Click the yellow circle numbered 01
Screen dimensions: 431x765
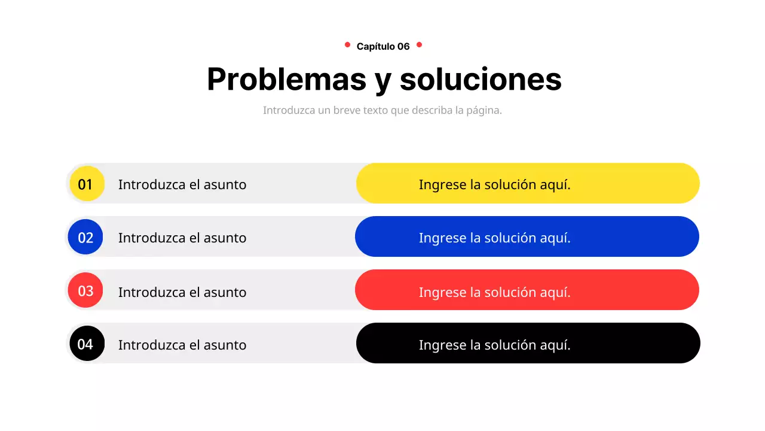pos(87,183)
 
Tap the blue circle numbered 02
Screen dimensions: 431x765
pos(85,236)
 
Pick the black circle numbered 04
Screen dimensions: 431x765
pos(87,343)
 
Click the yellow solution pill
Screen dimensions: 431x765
pos(528,183)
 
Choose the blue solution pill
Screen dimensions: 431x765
pos(527,236)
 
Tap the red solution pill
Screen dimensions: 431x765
pos(527,290)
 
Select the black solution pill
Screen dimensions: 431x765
pos(528,343)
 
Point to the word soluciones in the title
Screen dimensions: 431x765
pos(481,79)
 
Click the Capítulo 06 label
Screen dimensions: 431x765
pos(383,46)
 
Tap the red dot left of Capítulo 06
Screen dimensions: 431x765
pos(347,44)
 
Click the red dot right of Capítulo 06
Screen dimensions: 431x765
pos(419,44)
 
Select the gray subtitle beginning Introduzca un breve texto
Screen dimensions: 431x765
pos(382,111)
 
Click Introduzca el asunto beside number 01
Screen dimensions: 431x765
pos(182,184)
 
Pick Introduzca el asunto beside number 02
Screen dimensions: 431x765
pos(182,238)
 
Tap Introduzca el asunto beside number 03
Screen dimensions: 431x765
pos(182,292)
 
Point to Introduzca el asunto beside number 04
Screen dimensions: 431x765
pos(182,345)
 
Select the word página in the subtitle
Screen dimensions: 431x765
pos(483,111)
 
